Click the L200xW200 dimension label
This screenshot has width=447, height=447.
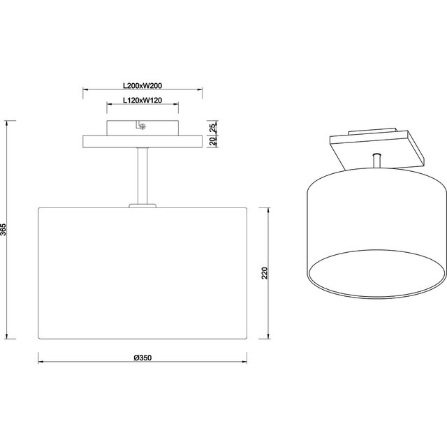pos(142,85)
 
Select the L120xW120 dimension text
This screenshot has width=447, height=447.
pos(142,101)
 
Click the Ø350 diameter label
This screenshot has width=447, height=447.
pos(142,357)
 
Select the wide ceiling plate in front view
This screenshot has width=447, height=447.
pos(142,140)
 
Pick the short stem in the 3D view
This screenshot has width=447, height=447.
pos(377,160)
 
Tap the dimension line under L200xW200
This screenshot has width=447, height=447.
pos(142,90)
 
